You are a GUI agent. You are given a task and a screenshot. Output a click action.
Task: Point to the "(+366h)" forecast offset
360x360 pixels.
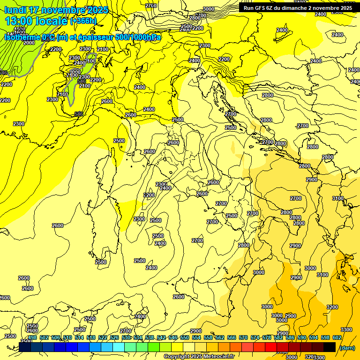point(83,21)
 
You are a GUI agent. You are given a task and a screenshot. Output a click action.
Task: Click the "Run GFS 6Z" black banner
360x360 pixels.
point(297,7)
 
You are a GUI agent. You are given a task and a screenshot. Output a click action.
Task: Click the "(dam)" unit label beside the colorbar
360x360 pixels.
point(347,347)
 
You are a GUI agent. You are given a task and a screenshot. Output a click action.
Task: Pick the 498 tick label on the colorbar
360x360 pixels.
point(32,337)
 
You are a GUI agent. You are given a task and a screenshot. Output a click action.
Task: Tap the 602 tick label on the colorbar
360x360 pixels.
point(337,337)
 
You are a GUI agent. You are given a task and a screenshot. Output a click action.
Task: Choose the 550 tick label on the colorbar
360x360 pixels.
point(184,337)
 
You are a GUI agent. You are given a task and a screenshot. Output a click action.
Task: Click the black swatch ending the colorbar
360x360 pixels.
point(330,347)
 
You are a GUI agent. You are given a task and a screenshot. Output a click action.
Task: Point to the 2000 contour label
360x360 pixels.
point(29,42)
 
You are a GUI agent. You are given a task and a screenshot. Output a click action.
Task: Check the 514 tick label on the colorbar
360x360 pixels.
point(79,337)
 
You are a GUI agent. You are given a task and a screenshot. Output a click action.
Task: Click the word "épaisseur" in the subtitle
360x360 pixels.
point(92,37)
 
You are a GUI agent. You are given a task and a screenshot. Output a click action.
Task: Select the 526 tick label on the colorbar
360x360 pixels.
point(114,337)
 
